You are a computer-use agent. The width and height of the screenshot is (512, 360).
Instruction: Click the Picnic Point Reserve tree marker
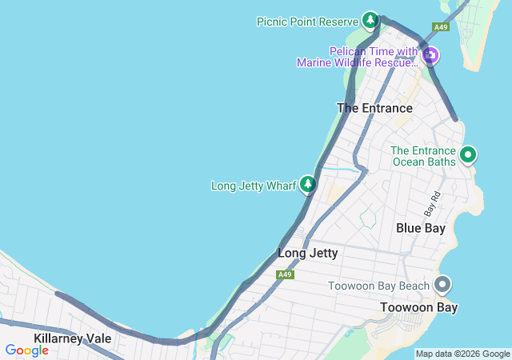pyautogui.click(x=370, y=19)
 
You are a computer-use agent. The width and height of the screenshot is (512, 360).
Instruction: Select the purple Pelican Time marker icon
pyautogui.click(x=430, y=54)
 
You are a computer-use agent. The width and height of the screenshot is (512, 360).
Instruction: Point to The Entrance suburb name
pyautogui.click(x=374, y=108)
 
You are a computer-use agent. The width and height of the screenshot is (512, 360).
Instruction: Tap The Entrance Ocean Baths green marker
pyautogui.click(x=468, y=154)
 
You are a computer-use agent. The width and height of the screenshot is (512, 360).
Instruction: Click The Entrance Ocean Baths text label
pyautogui.click(x=423, y=156)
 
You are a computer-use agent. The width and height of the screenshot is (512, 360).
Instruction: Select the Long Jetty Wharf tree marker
pyautogui.click(x=308, y=185)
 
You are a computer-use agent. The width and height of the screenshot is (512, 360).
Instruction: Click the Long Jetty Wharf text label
pyautogui.click(x=254, y=186)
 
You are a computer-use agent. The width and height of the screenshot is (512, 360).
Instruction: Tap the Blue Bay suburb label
pyautogui.click(x=421, y=228)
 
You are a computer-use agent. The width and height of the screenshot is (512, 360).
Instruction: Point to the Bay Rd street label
pyautogui.click(x=432, y=203)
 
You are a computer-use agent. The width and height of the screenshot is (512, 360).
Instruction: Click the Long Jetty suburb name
pyautogui.click(x=307, y=254)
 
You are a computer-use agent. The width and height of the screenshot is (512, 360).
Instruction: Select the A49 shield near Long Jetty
pyautogui.click(x=286, y=274)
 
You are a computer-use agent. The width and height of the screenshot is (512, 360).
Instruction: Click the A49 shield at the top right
pyautogui.click(x=440, y=27)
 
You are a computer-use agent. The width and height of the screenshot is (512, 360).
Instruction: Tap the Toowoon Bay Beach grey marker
pyautogui.click(x=442, y=285)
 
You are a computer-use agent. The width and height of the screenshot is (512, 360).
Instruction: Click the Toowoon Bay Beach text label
pyautogui.click(x=379, y=286)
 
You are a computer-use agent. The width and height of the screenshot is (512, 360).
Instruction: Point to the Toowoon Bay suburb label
pyautogui.click(x=418, y=307)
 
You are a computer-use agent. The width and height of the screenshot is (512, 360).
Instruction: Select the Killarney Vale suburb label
pyautogui.click(x=72, y=338)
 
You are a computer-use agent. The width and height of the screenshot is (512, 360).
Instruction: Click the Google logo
pyautogui.click(x=26, y=350)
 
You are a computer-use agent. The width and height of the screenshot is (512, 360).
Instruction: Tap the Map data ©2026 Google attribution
pyautogui.click(x=462, y=354)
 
